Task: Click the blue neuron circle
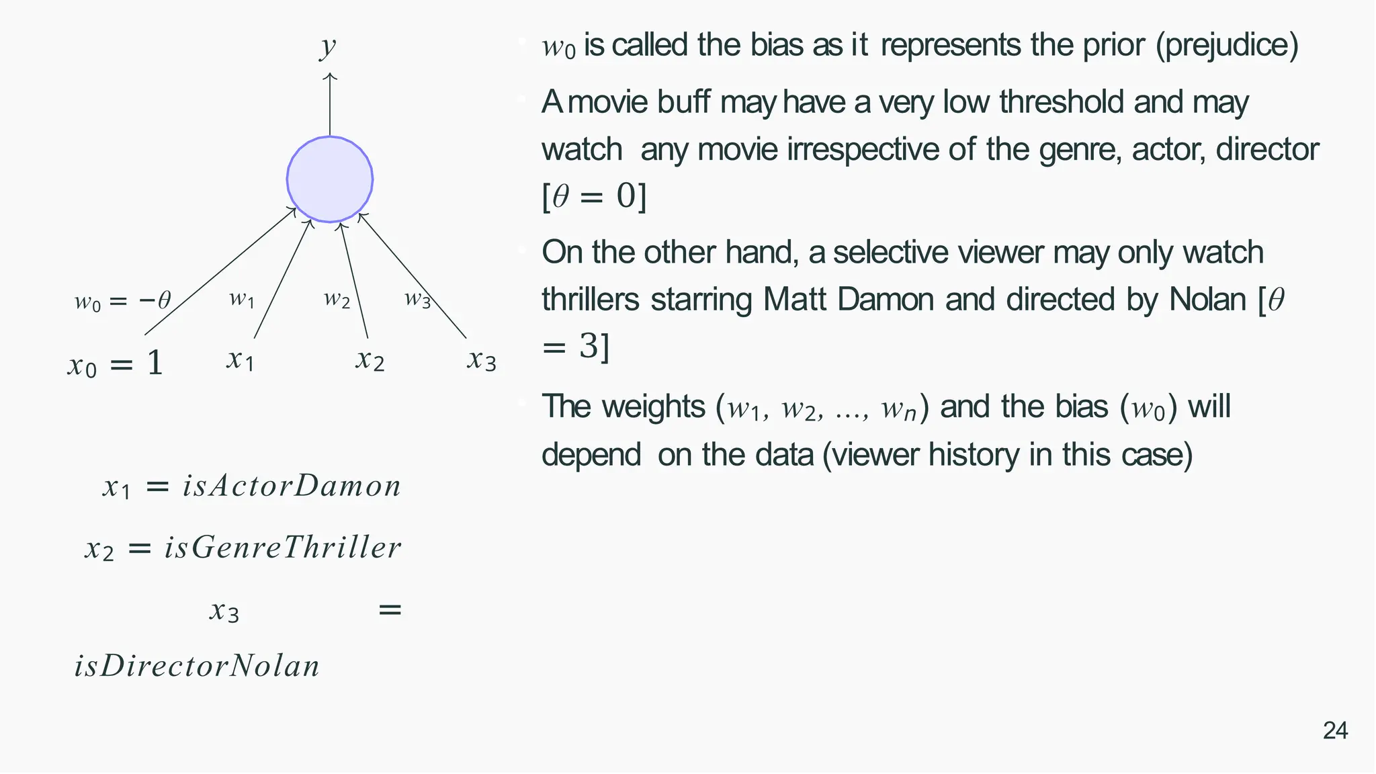click(x=329, y=179)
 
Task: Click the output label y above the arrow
click(x=327, y=47)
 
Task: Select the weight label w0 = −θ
click(x=122, y=300)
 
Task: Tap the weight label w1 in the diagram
click(x=241, y=298)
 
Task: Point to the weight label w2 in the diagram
click(x=337, y=298)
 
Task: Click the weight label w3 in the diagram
click(x=417, y=298)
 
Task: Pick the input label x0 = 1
click(x=116, y=364)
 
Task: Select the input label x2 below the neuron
click(x=370, y=360)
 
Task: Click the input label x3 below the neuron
click(x=481, y=360)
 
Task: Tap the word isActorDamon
click(x=292, y=486)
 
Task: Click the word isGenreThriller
click(x=283, y=548)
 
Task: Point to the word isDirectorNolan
click(x=196, y=666)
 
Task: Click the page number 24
click(x=1334, y=730)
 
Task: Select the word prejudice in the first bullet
click(x=1227, y=46)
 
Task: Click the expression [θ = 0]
click(x=594, y=196)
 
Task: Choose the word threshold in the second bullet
click(x=1060, y=102)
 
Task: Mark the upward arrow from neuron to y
click(x=329, y=104)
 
